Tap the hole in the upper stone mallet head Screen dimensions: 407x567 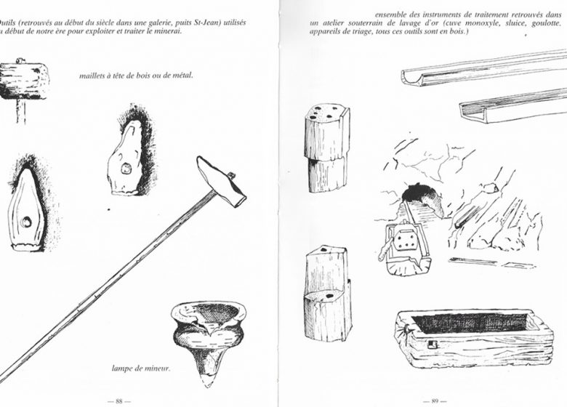coord(126,169)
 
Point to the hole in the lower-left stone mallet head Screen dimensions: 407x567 coord(26,222)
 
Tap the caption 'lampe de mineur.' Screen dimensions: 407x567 coord(141,368)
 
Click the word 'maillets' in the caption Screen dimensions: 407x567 coord(97,75)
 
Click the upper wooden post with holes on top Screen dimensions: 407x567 coord(326,145)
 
